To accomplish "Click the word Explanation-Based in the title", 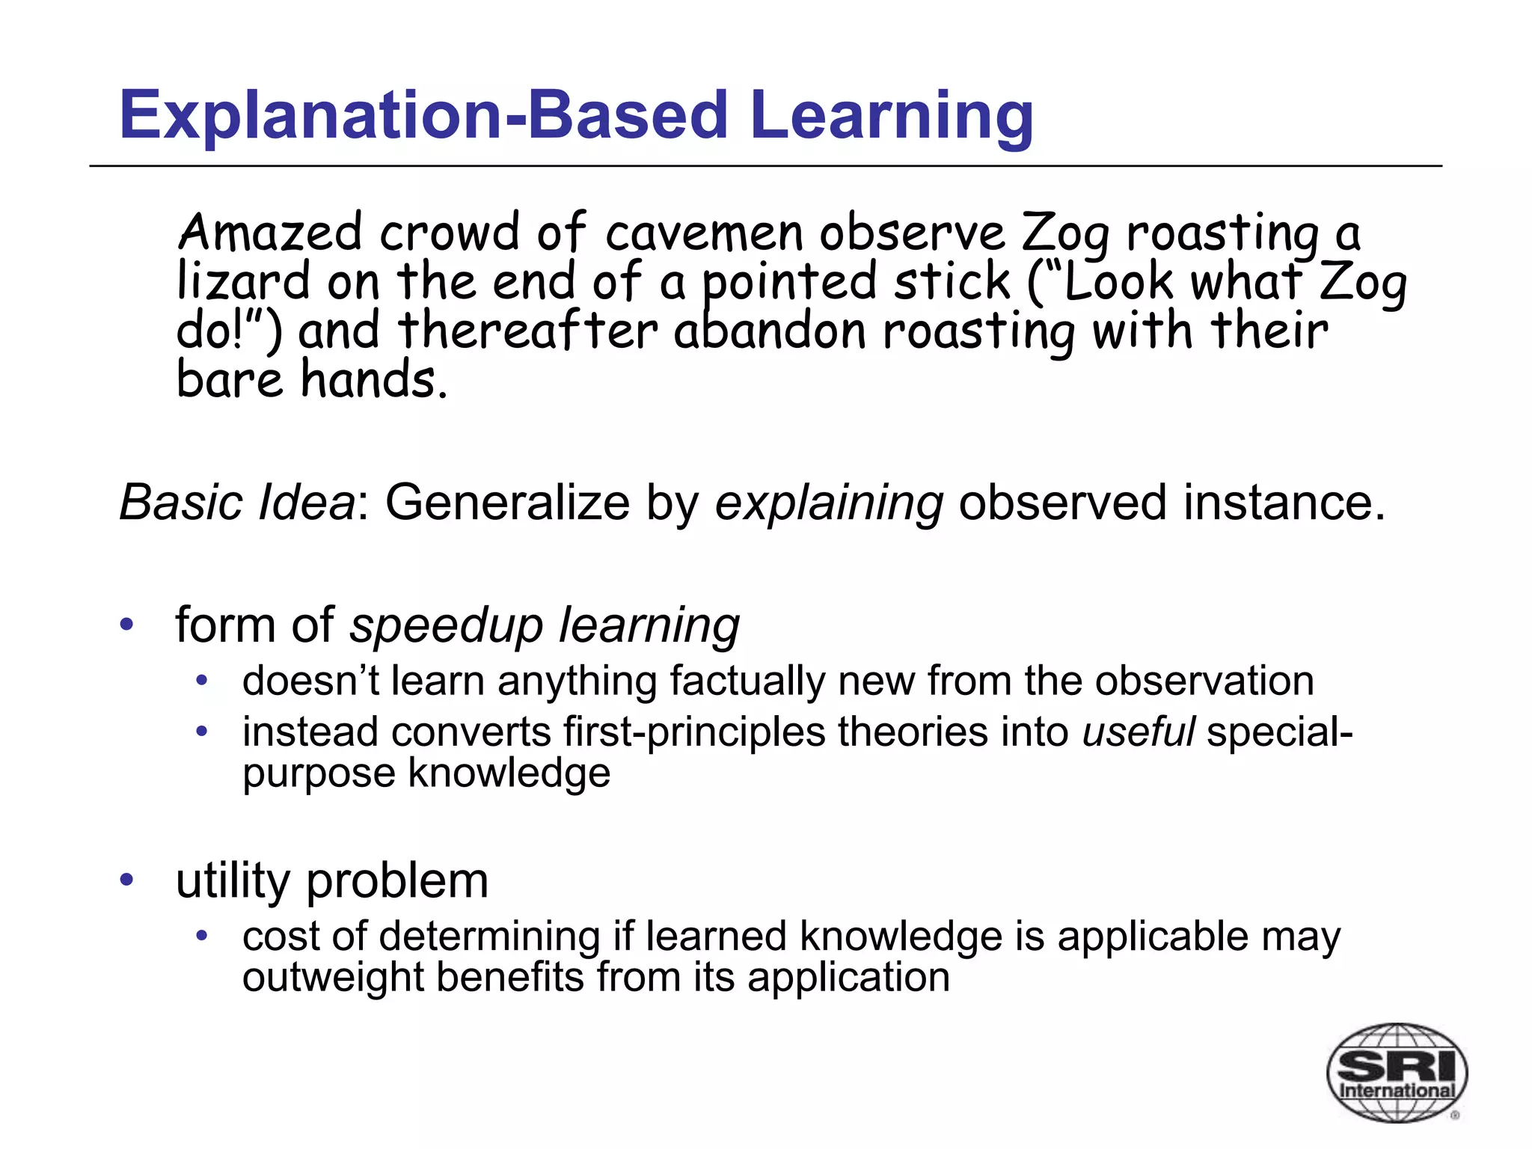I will coord(423,116).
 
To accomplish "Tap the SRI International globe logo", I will coord(1396,1073).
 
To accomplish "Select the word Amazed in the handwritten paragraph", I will coord(269,233).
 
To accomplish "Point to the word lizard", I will coord(243,282).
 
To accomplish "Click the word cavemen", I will coord(704,233).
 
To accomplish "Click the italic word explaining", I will coord(829,503).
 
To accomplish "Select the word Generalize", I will coord(507,503).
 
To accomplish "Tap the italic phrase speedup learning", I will coord(545,625).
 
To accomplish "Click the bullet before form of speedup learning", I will coord(126,624).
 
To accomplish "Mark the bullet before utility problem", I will coord(126,880).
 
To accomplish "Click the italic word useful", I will coord(1138,732).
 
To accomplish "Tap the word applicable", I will coord(1152,937).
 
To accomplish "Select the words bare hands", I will coord(312,379).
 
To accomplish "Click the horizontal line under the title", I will coord(765,166).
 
